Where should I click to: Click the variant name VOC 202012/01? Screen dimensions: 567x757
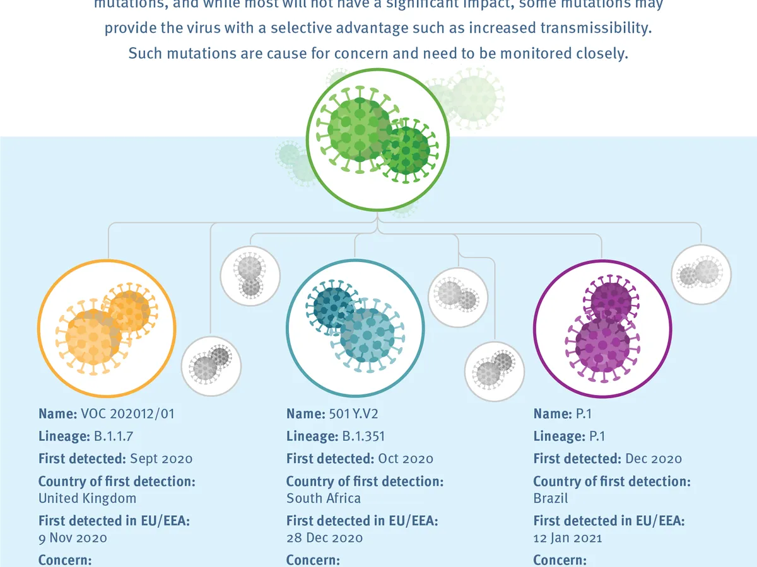pos(127,414)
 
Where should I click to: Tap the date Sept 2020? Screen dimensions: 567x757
pos(161,459)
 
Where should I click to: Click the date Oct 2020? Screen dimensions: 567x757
pos(406,459)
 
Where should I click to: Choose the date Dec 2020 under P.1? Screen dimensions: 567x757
pos(654,459)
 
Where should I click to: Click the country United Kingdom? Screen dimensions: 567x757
pos(87,498)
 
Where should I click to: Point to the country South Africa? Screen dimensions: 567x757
pos(324,498)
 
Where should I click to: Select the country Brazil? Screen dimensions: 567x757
pos(551,498)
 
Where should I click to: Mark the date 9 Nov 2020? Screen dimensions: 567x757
pos(73,538)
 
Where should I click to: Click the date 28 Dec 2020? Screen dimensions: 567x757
pos(324,538)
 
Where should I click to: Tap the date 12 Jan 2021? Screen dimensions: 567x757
pos(568,538)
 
